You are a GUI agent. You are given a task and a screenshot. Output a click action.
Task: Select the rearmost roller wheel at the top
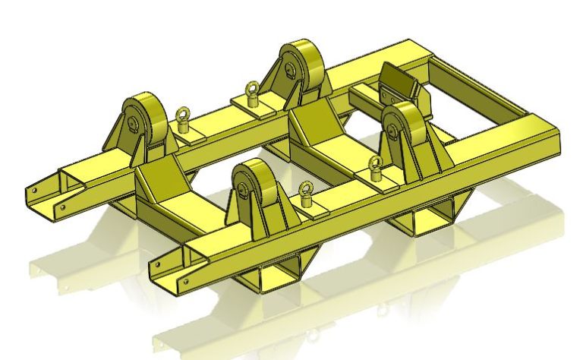[300, 68]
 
